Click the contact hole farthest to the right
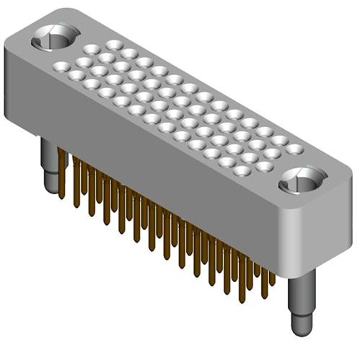294,149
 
